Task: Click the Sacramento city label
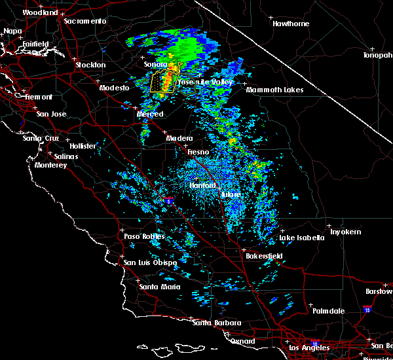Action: (84, 21)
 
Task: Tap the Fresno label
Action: (198, 152)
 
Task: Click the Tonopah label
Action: (378, 55)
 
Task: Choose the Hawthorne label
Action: (290, 24)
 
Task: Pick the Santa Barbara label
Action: (217, 323)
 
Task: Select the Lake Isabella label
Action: (302, 238)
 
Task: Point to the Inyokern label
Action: (345, 232)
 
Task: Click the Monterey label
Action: (51, 166)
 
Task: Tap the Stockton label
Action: (90, 65)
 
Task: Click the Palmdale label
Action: (328, 310)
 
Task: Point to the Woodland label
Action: (40, 12)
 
